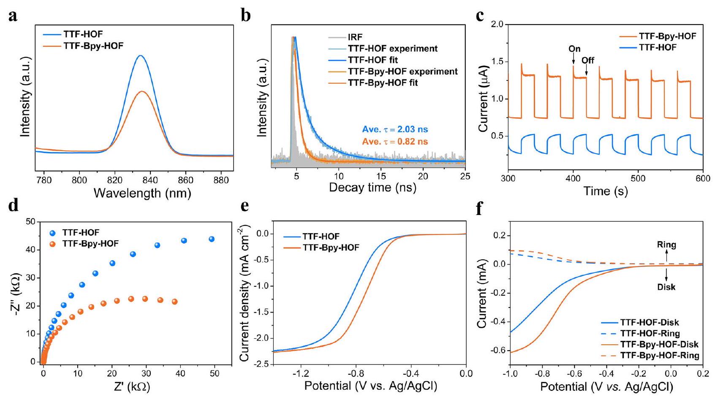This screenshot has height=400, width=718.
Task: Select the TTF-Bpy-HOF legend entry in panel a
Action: tap(93, 46)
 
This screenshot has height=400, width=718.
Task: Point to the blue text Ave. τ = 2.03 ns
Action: tap(395, 130)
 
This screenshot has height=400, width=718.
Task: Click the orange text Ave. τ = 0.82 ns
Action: tap(395, 141)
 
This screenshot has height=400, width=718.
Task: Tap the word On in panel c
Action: tap(574, 49)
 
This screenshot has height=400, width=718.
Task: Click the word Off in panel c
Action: tap(587, 60)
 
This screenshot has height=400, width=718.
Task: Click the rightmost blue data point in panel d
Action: tap(212, 239)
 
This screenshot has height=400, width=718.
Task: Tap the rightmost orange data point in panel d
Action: tap(174, 302)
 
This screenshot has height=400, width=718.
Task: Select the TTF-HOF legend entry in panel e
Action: tap(321, 237)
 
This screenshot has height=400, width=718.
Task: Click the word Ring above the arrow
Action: tap(666, 245)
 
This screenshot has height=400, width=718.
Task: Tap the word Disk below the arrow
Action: tap(666, 287)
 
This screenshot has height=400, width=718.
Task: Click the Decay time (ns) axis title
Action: tap(373, 188)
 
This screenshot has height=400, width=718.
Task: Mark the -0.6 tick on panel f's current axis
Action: tap(499, 350)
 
